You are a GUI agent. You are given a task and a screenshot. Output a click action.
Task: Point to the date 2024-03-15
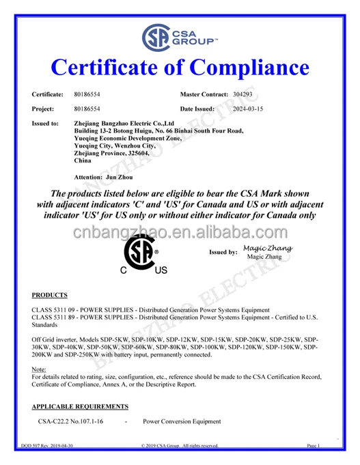[248, 109]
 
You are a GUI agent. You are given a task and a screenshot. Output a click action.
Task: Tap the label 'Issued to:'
[45, 124]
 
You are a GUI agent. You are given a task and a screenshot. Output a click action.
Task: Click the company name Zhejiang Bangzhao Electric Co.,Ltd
[124, 124]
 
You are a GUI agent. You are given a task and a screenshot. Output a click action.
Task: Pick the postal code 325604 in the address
[148, 154]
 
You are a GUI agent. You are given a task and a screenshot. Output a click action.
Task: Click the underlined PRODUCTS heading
[50, 295]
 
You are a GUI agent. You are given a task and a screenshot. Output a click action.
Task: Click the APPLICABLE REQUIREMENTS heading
[80, 406]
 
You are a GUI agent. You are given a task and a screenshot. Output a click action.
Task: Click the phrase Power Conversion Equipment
[182, 422]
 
